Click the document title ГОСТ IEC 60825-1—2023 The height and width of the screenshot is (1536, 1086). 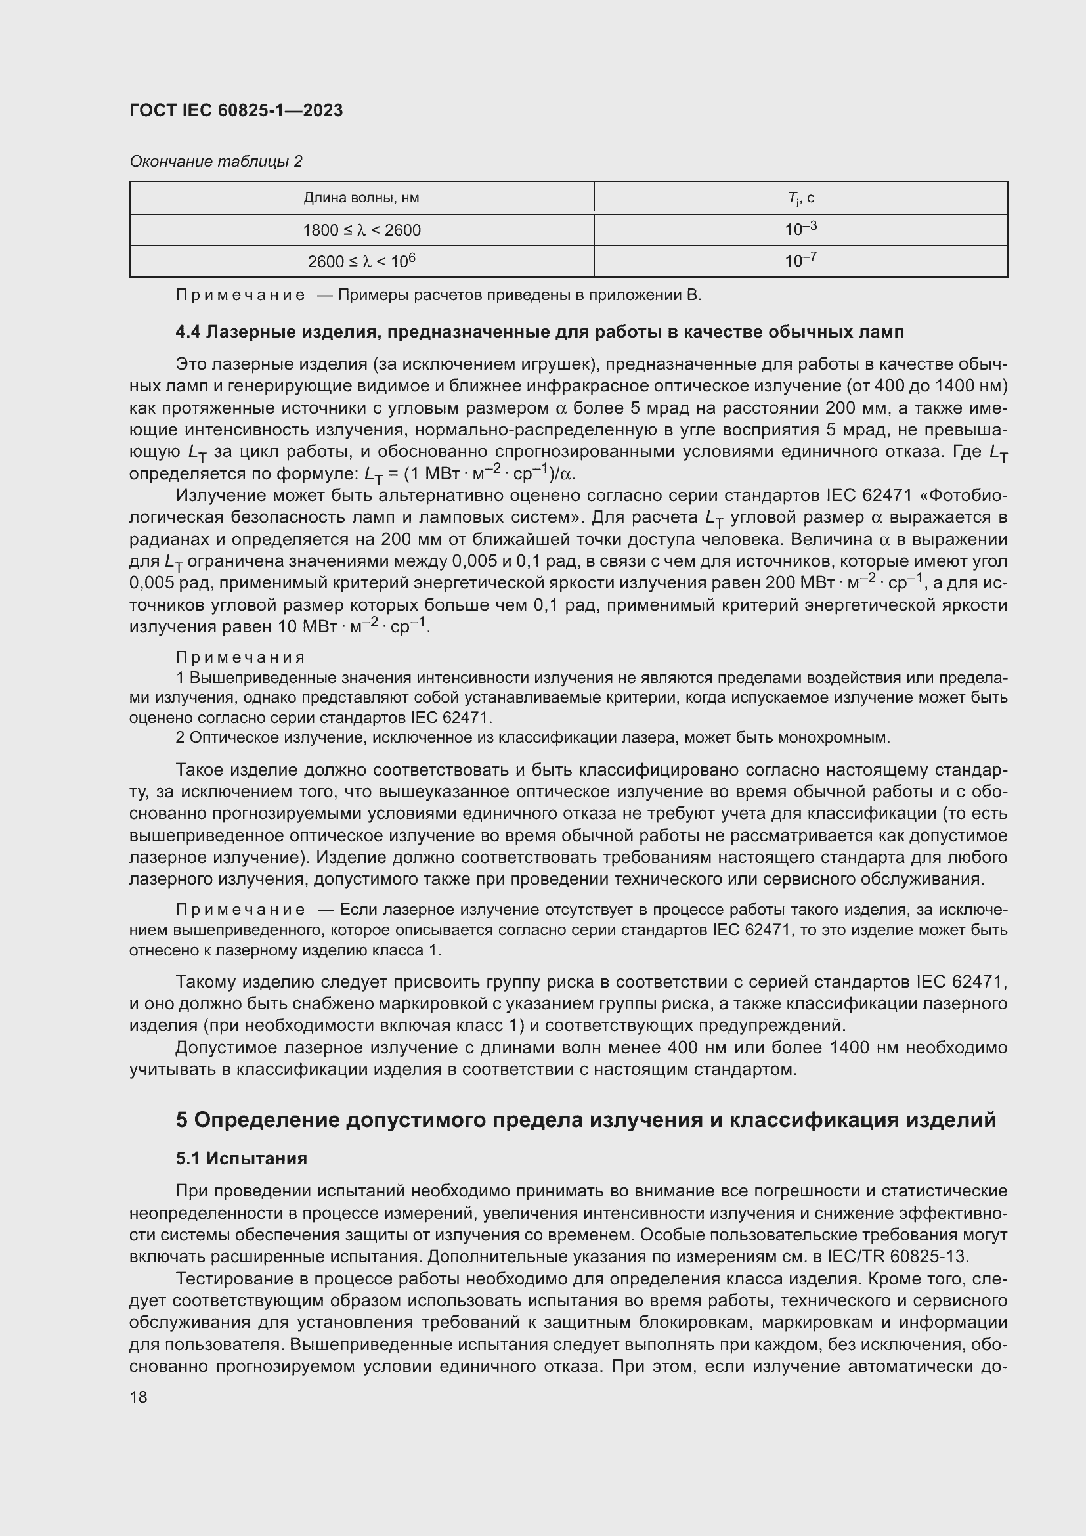tap(236, 110)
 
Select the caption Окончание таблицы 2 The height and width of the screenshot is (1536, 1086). tap(215, 162)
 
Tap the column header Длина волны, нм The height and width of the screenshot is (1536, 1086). tap(361, 198)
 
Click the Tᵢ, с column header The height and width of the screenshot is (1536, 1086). tap(800, 198)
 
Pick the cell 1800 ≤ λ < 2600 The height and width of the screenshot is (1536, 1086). tap(361, 230)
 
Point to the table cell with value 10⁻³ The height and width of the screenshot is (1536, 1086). tap(800, 229)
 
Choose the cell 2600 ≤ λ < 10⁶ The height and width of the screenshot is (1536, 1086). tap(361, 261)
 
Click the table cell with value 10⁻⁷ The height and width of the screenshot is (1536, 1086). tap(800, 260)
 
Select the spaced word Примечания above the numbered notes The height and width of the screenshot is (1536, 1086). tap(240, 657)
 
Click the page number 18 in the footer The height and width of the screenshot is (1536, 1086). tap(139, 1397)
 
